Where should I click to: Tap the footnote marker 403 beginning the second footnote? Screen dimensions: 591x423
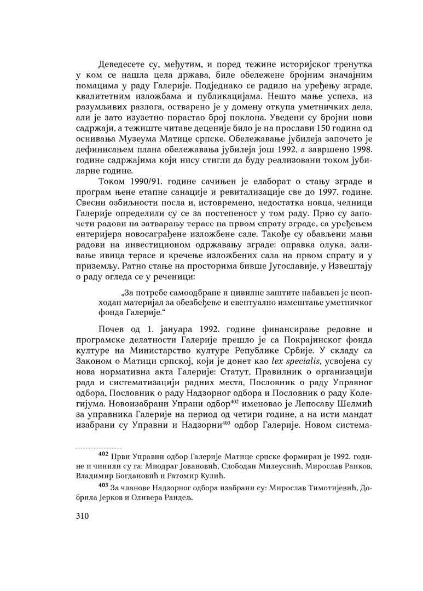102,486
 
